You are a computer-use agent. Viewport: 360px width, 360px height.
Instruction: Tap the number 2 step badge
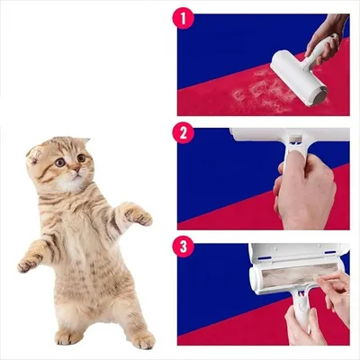(x=184, y=134)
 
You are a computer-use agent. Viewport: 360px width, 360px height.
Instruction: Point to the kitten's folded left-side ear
(x=36, y=153)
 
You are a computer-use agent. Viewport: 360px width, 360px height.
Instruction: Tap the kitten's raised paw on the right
(x=138, y=215)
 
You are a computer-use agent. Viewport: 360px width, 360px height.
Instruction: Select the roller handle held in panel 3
(x=299, y=315)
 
